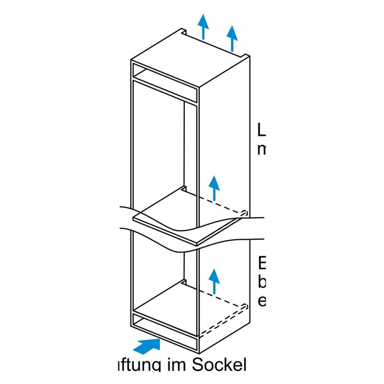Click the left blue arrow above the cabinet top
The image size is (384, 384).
click(x=204, y=26)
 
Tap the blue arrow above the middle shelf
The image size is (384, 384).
click(x=214, y=188)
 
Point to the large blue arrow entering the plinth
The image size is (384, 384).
click(x=147, y=346)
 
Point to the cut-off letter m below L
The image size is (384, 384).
click(x=262, y=150)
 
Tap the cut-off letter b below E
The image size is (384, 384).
click(x=262, y=282)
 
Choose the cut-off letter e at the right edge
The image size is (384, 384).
click(x=262, y=301)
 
